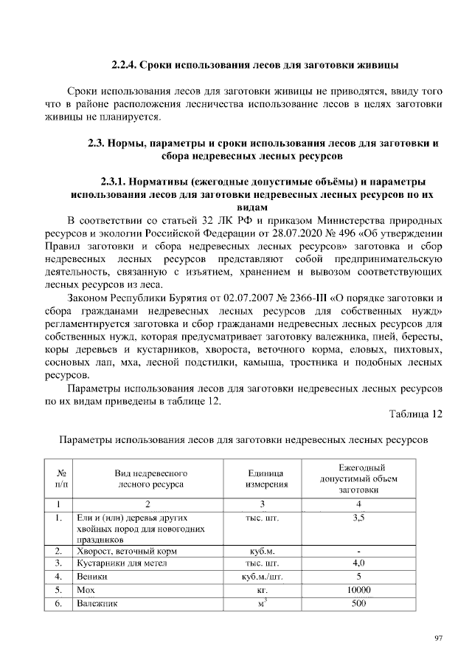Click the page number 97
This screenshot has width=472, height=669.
tap(438, 639)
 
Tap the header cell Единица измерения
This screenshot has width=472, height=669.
tap(266, 478)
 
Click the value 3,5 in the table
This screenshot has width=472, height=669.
tap(358, 518)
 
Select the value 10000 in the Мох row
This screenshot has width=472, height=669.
tap(358, 589)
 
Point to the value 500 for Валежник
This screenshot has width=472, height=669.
tap(358, 603)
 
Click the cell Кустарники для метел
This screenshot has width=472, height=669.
tap(122, 563)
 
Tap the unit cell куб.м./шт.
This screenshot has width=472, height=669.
tap(266, 577)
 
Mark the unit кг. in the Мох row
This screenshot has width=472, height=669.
tap(266, 590)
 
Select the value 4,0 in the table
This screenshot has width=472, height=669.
tap(358, 563)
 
